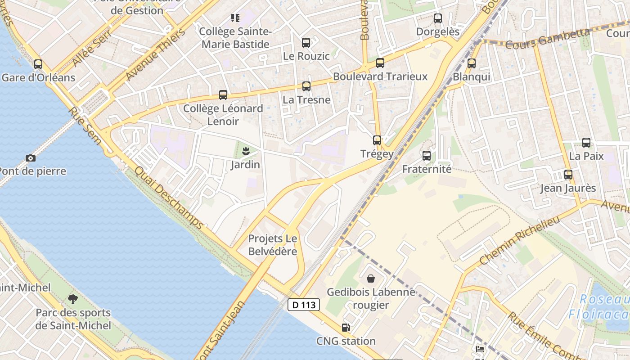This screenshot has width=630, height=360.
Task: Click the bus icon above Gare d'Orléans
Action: [x=38, y=64]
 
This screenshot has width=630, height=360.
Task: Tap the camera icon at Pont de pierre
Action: [x=31, y=158]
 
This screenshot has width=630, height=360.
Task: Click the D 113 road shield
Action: [x=304, y=305]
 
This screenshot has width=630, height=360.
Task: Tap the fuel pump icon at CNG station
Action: [x=346, y=328]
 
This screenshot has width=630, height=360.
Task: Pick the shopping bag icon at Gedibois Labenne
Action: [x=370, y=279]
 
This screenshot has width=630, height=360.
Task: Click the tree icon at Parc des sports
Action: [x=72, y=299]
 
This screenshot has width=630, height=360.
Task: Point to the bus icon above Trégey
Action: [x=377, y=140]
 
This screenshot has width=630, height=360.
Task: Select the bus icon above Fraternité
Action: [x=426, y=156]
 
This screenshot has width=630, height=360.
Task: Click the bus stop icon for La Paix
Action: [x=586, y=143]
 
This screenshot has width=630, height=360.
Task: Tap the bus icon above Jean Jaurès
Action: [x=568, y=175]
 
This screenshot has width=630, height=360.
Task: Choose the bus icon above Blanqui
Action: [x=471, y=63]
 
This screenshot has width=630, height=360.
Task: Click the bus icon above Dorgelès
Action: [x=437, y=18]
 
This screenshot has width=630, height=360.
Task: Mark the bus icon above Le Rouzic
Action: [x=306, y=43]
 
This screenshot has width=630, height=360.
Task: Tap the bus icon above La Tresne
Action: [x=306, y=86]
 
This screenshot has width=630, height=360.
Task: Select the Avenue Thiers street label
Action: [x=155, y=55]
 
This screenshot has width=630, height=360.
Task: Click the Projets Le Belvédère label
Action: [x=273, y=245]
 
